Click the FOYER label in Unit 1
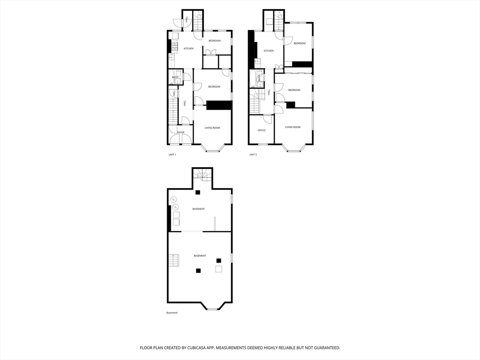click(180, 132)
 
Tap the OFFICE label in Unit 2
click(262, 130)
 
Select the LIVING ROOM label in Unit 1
click(212, 127)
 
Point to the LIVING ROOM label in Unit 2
click(293, 127)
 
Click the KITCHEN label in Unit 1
click(188, 49)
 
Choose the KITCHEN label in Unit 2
click(269, 51)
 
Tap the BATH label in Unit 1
click(175, 77)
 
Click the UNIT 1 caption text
click(172, 155)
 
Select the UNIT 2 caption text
click(253, 155)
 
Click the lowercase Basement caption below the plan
click(172, 313)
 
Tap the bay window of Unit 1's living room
click(213, 150)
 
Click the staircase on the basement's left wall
click(174, 260)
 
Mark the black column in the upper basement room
click(198, 192)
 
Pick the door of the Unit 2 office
click(267, 119)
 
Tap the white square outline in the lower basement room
click(218, 269)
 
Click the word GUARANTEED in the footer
click(324, 348)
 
